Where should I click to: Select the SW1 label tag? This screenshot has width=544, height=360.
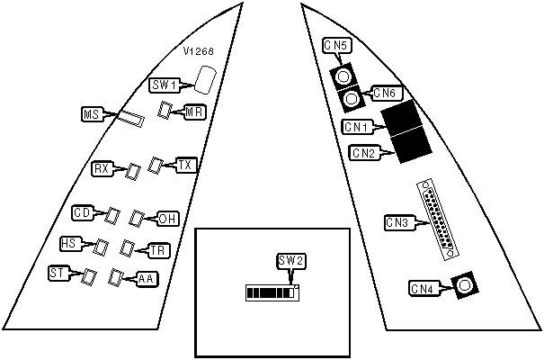(x=164, y=85)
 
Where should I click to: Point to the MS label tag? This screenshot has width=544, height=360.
(x=91, y=115)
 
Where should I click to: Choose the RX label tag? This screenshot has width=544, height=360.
(x=102, y=167)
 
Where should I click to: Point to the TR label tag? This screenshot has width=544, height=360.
(x=157, y=250)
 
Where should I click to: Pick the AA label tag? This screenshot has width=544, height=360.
(x=146, y=279)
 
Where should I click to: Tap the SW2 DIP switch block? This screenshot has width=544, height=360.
(x=272, y=292)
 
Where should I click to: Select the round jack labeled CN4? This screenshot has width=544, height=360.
(x=464, y=286)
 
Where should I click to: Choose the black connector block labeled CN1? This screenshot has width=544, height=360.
(x=401, y=117)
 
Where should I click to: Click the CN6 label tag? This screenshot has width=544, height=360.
(x=384, y=92)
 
